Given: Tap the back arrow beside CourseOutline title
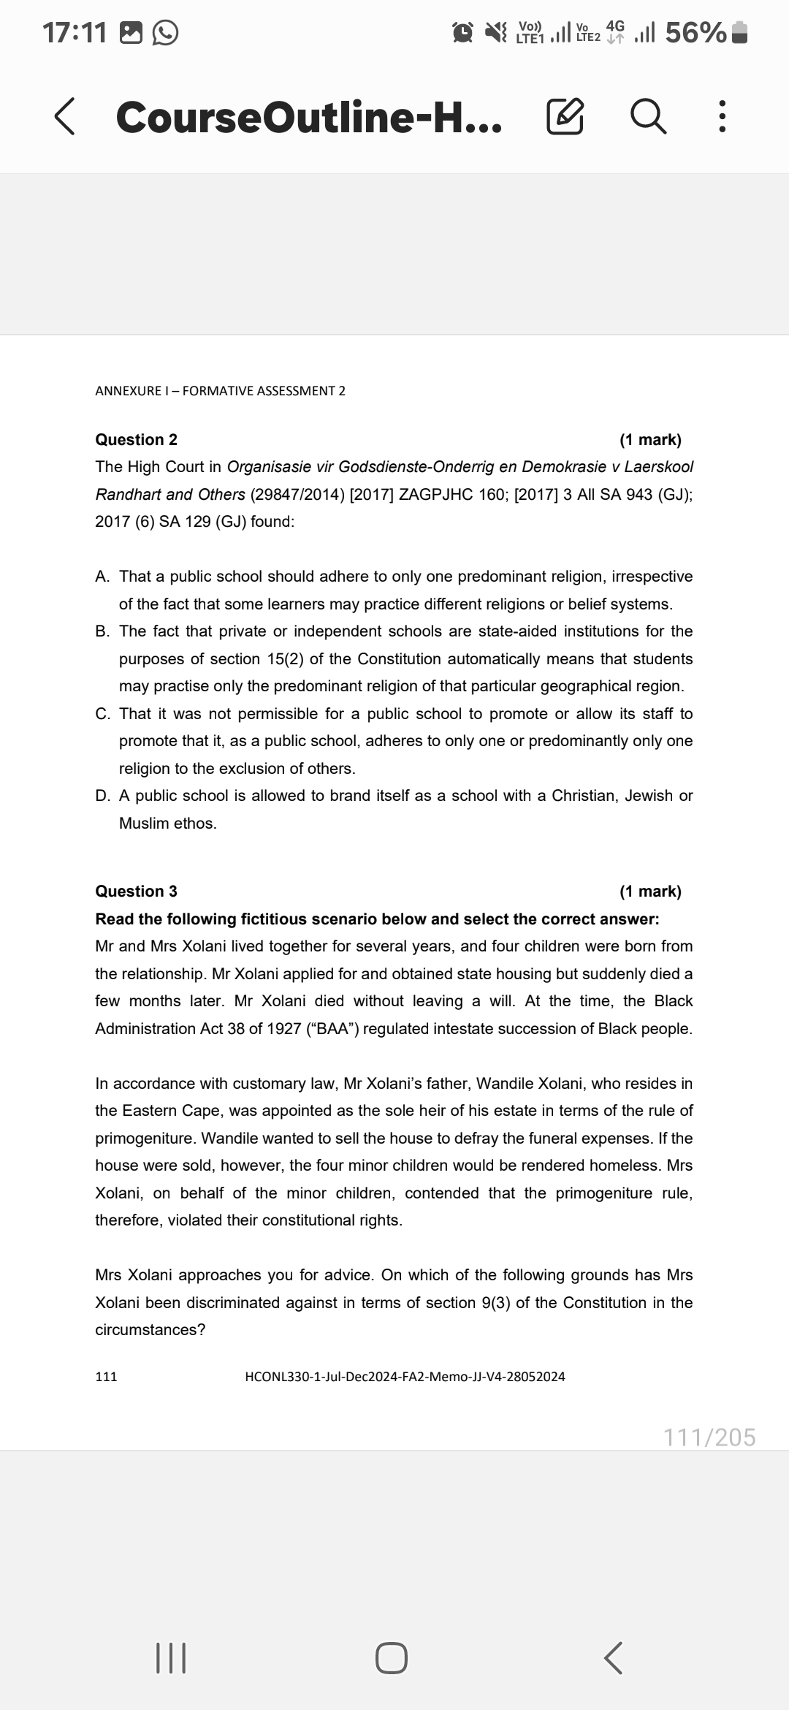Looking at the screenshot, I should point(65,118).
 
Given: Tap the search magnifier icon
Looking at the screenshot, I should point(648,118).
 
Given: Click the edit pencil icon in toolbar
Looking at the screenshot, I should point(565,118).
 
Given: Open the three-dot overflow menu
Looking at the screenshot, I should point(722,118).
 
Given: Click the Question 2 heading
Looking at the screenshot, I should point(136,440).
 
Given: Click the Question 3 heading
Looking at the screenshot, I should point(136,892).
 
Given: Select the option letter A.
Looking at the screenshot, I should point(102,577).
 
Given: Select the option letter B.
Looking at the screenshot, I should point(102,631).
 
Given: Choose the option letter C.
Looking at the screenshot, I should point(102,714).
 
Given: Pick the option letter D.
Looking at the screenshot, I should point(102,796).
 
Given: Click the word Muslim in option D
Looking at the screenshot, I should point(143,824).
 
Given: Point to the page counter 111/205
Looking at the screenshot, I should point(709,1437).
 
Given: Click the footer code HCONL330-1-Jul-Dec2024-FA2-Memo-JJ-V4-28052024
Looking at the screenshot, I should point(405,1377).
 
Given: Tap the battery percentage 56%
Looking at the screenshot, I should point(695,32).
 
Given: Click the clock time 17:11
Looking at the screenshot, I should point(75,32).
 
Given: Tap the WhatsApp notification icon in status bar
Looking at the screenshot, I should point(165,32).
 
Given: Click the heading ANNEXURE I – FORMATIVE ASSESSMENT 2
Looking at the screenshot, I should point(220,391).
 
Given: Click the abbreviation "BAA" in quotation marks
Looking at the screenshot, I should point(333,1029).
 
